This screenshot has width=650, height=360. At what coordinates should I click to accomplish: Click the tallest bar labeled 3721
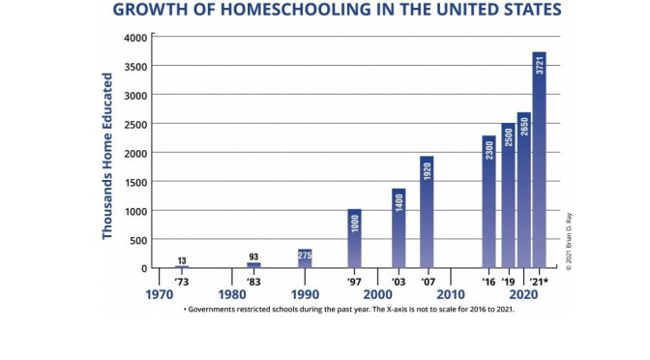539,160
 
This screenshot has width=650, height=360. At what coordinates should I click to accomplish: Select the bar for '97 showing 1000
354,238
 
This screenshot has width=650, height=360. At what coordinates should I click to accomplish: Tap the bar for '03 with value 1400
398,227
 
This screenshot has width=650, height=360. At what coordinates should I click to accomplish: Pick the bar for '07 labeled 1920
427,212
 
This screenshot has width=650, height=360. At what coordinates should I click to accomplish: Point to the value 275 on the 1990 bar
305,255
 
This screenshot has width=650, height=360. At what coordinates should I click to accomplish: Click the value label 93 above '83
253,256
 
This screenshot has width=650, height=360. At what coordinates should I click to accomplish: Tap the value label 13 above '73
182,260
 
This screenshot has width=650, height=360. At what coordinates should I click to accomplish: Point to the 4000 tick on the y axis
135,38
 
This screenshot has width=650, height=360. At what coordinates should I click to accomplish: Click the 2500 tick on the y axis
135,124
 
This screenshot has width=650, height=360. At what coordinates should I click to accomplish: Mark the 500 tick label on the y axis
138,240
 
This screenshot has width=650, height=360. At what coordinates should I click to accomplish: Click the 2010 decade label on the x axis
450,294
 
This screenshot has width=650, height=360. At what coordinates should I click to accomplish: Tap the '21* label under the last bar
540,282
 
